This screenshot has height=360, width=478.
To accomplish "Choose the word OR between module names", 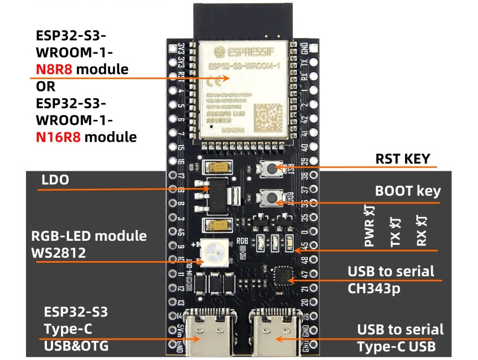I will coord(44,88).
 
